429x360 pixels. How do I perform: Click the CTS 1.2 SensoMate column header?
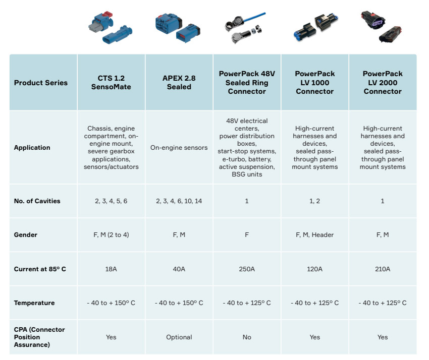[x=111, y=82]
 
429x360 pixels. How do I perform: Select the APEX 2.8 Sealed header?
[x=179, y=82]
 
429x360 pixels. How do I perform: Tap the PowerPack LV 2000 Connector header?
[x=383, y=82]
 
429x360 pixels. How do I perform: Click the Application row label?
[x=32, y=148]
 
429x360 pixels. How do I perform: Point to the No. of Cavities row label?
[x=37, y=201]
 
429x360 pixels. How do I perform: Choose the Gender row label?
[x=25, y=235]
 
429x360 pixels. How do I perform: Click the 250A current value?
[x=247, y=269]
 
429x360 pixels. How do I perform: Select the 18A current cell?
[x=111, y=269]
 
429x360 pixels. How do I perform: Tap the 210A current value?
[x=383, y=269]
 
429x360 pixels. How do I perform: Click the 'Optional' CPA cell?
[x=179, y=337]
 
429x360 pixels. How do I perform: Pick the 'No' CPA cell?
[x=247, y=337]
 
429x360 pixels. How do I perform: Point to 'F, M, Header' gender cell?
[x=314, y=235]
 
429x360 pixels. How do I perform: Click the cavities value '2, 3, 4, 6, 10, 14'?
[x=179, y=201]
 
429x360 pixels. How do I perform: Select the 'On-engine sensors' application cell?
[x=179, y=148]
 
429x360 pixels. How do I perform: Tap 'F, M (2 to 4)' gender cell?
[x=111, y=235]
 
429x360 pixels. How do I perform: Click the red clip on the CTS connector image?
[x=108, y=15]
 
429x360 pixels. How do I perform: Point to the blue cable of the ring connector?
[x=255, y=17]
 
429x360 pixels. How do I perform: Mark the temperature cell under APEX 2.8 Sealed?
[x=179, y=303]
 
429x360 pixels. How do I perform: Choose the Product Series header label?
[x=41, y=83]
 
